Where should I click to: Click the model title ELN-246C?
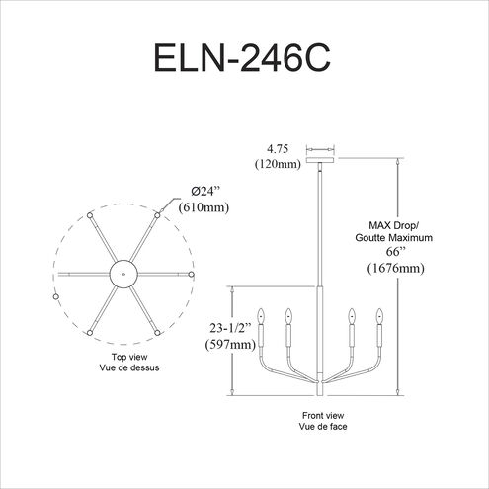244,58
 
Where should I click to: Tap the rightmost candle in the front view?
377,327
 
